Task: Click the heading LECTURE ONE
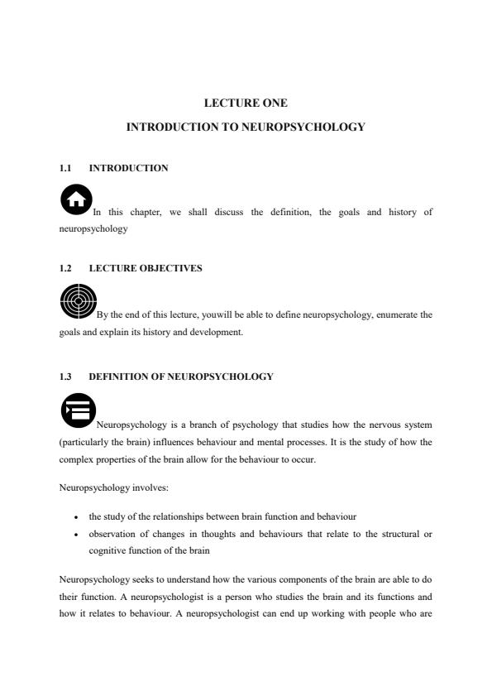click(246, 103)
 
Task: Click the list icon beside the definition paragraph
click(78, 410)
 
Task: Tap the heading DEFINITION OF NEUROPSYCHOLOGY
click(180, 377)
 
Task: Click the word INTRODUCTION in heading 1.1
click(128, 168)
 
